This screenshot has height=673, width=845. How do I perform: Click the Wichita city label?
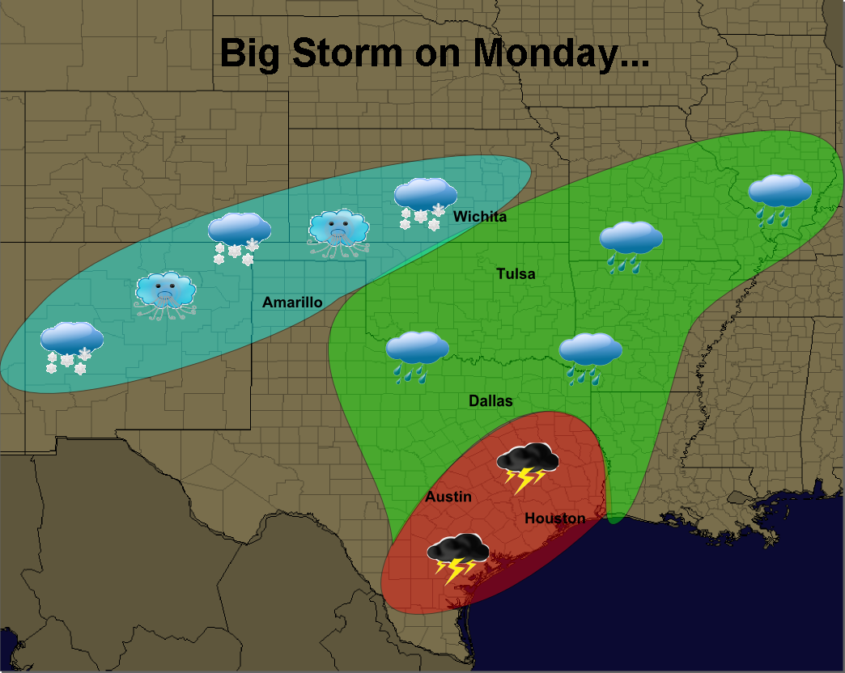480,217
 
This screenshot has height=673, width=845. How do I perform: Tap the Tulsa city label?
516,274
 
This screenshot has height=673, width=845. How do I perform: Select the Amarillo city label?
292,303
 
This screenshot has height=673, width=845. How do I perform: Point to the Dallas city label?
490,401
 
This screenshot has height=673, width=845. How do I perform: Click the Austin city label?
448,497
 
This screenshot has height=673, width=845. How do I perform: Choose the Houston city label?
554,519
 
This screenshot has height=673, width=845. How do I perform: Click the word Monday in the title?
560,53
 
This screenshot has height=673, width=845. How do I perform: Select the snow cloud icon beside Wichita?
425,202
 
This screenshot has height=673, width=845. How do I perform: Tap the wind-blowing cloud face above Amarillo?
338,232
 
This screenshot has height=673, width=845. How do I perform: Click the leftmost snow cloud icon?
71,346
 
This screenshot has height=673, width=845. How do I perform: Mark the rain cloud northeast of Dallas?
590,356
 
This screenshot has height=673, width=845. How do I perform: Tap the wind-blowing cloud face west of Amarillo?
166,294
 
